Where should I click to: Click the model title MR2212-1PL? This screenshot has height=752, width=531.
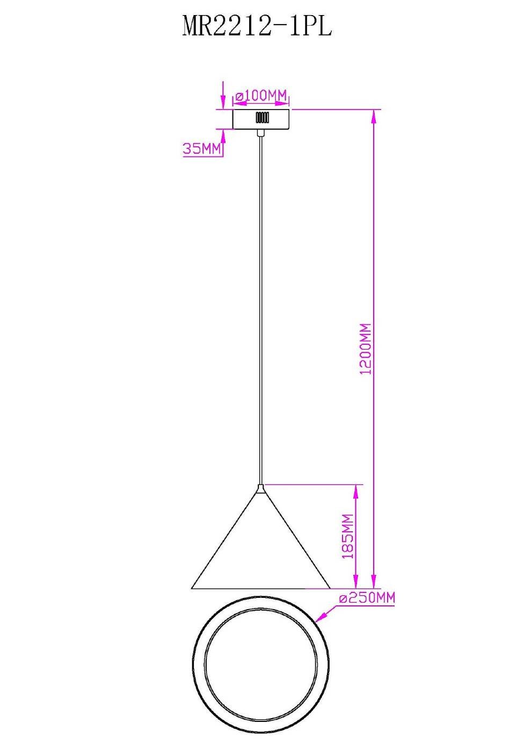pos(257,26)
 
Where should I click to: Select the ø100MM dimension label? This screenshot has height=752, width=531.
pos(261,96)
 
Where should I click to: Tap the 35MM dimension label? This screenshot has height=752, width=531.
pos(202,148)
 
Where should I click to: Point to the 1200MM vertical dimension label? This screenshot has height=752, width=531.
pos(366,349)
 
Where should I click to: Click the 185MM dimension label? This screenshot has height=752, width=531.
pos(348,536)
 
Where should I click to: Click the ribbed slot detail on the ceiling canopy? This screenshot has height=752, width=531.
pos(262,118)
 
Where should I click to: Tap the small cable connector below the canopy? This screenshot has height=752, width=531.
pos(260,133)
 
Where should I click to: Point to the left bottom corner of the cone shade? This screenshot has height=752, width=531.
pos(191,589)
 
